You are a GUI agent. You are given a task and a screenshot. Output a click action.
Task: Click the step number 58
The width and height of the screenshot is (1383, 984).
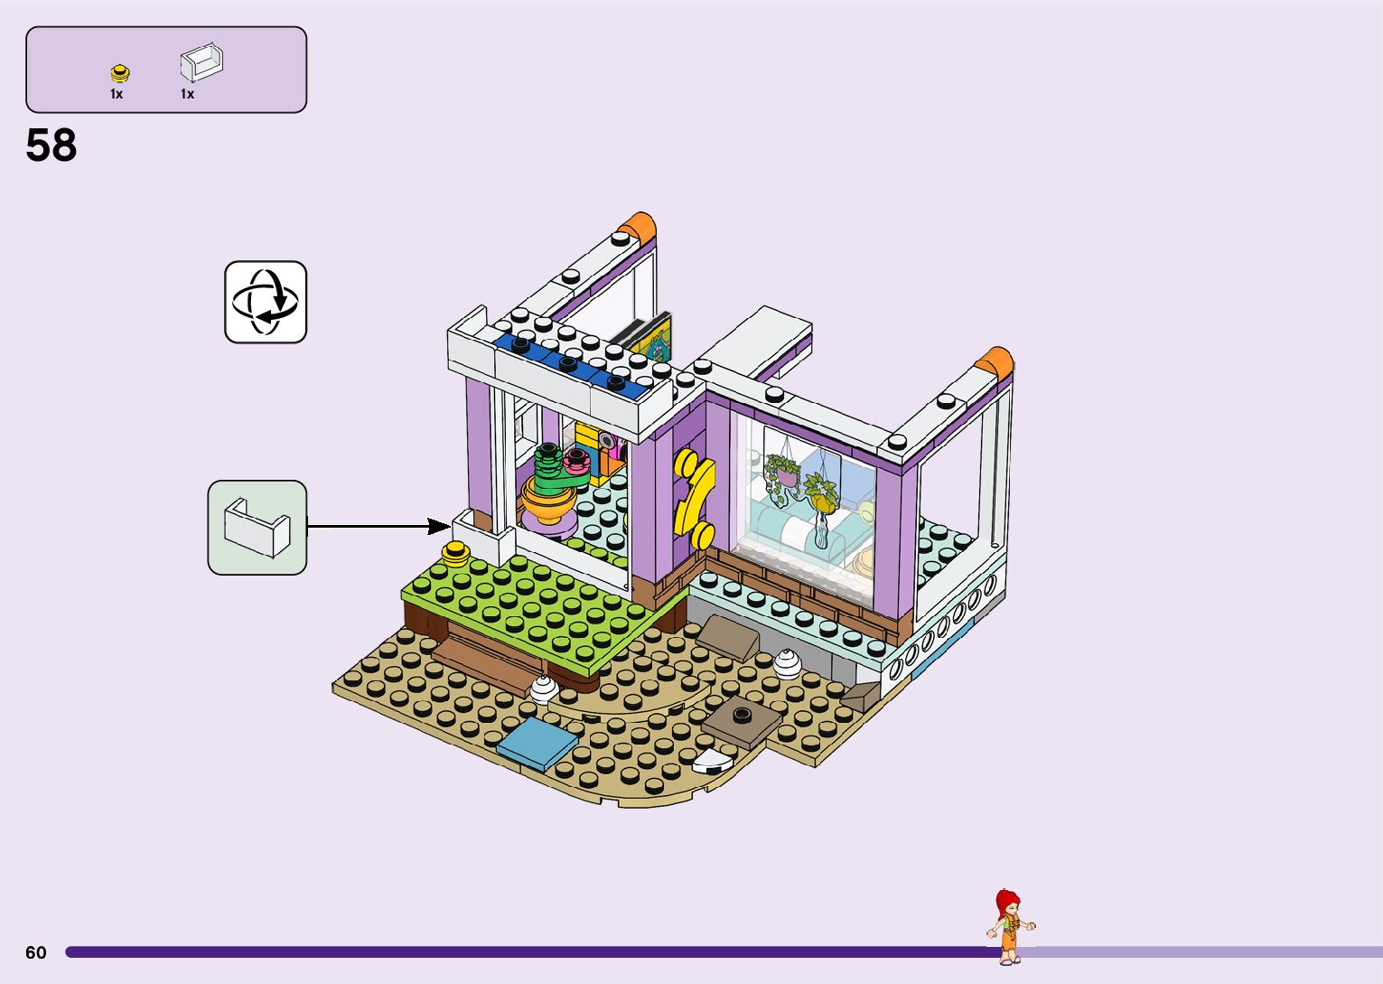[x=51, y=145]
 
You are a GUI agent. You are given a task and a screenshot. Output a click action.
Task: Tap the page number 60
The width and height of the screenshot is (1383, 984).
[x=35, y=952]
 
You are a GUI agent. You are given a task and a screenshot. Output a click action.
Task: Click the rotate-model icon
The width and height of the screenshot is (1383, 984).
[x=266, y=302]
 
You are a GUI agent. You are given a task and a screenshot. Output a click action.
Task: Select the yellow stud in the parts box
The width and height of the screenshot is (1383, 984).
[x=118, y=73]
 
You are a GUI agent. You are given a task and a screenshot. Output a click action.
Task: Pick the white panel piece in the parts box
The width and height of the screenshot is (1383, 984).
[x=201, y=63]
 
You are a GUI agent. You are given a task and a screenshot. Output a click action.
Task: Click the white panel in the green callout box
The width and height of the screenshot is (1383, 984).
[x=257, y=528]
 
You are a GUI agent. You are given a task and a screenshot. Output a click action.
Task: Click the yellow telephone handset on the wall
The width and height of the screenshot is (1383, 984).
[x=694, y=496]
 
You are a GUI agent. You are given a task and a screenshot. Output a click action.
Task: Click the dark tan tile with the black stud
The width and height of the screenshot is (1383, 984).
[x=742, y=720]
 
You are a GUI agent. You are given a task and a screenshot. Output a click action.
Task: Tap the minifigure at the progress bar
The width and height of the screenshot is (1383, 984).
[x=1010, y=927]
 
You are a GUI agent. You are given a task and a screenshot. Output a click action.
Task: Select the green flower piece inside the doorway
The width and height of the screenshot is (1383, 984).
[x=548, y=462]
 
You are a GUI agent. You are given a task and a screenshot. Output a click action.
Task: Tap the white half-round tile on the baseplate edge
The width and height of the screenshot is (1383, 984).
[x=713, y=762]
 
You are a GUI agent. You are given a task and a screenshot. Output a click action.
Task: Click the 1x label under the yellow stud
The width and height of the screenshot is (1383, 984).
[x=117, y=94]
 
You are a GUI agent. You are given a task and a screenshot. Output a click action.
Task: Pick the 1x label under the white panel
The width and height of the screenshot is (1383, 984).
[x=187, y=94]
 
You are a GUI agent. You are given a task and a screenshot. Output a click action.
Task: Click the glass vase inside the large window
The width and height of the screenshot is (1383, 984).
[x=820, y=532]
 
